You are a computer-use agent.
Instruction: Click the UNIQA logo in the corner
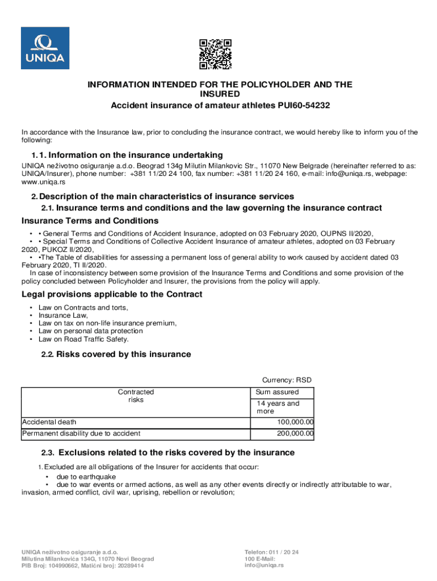tap(45, 48)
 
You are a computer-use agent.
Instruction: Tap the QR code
tap(216, 54)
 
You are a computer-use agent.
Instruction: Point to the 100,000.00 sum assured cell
tap(295, 422)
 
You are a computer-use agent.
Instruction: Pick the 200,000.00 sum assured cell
tap(295, 434)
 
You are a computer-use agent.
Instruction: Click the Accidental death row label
tap(49, 422)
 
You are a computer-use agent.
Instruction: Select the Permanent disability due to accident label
tap(81, 434)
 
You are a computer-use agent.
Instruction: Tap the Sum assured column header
tap(278, 392)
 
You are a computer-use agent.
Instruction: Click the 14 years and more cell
tap(278, 407)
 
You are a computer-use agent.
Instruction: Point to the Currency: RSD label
tap(287, 380)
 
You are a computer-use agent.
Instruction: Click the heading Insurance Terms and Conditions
tap(90, 221)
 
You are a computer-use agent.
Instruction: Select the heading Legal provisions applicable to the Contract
tap(112, 294)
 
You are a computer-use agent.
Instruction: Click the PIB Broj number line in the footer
tap(82, 566)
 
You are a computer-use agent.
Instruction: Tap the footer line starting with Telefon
tap(271, 553)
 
